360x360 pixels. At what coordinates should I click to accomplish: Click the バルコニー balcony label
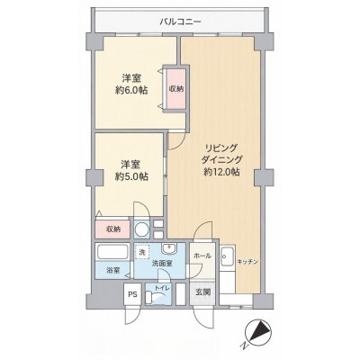[x=180, y=22]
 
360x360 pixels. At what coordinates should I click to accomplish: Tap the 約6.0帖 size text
[x=131, y=90]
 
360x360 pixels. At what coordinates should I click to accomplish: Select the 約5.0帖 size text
[x=131, y=176]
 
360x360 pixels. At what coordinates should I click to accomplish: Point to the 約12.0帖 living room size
[x=221, y=172]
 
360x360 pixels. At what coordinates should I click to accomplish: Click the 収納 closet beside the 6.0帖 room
[x=176, y=89]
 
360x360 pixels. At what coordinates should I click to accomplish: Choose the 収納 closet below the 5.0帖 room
[x=113, y=229]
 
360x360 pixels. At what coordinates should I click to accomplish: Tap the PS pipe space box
[x=133, y=294]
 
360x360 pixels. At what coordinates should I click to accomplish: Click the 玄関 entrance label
[x=203, y=292]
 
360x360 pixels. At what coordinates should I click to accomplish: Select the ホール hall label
[x=202, y=256]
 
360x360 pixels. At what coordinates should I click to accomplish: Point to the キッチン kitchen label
[x=247, y=262]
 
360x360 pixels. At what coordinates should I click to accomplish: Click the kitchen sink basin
[x=228, y=256]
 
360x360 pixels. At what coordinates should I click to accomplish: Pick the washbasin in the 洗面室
[x=169, y=248]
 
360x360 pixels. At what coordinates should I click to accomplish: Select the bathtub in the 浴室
[x=112, y=252]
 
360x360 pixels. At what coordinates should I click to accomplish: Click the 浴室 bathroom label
[x=113, y=270]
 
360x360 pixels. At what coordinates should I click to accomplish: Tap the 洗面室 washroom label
[x=162, y=264]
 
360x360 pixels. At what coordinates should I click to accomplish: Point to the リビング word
[x=221, y=148]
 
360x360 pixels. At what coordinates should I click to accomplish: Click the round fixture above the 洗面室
[x=141, y=230]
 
